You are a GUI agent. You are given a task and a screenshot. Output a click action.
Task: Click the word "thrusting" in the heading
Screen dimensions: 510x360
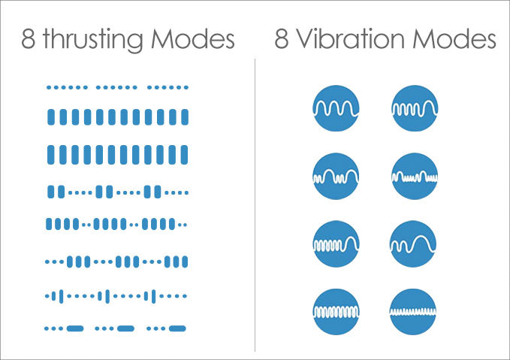[x=93, y=40]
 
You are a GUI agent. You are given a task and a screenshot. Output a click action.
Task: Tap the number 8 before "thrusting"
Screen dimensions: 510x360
[x=28, y=39]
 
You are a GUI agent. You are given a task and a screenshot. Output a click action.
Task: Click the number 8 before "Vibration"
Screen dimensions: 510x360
[x=281, y=39]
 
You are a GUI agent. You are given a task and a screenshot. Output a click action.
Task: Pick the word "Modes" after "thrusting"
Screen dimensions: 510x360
[x=193, y=39]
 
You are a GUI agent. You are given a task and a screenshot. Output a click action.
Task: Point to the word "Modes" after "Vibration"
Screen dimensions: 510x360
[x=454, y=39]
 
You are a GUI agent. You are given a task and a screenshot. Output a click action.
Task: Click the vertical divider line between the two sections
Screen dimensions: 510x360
[x=255, y=205]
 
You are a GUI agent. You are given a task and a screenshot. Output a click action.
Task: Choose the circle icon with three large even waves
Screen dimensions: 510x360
[x=336, y=108]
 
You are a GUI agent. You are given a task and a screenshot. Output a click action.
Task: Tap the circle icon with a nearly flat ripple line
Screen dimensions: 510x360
[x=413, y=312]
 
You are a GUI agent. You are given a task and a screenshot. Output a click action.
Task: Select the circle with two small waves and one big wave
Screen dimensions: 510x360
[x=413, y=244]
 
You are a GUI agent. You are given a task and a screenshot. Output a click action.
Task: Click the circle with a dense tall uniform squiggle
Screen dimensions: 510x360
[x=336, y=312]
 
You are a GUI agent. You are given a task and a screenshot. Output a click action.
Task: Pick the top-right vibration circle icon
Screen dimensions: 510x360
[x=415, y=108]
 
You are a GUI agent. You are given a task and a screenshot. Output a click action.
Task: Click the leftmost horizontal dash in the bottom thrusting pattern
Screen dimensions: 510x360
[x=75, y=328]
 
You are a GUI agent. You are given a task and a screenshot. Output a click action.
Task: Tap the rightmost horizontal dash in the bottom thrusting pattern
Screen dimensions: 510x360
[x=177, y=328]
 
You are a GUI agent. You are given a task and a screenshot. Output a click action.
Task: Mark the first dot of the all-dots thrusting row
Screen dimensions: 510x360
[x=49, y=87]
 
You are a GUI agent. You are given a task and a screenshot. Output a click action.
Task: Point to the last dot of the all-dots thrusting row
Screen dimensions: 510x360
[x=186, y=87]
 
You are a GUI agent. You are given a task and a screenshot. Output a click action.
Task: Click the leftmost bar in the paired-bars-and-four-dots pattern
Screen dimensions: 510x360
[x=51, y=192]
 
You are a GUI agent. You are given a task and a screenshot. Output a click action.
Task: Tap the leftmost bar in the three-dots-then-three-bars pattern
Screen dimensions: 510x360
[x=69, y=262]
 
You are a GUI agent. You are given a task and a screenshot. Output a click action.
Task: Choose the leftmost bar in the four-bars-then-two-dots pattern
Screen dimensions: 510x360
[x=49, y=224]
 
